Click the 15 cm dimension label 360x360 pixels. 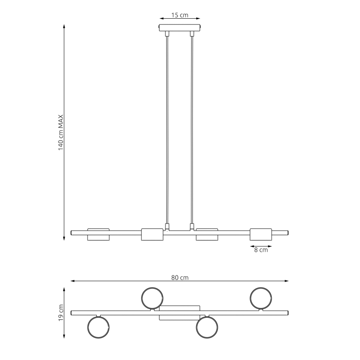point(180,15)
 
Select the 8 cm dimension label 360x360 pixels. point(260,250)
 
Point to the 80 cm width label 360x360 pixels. point(180,278)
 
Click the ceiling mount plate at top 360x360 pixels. point(180,28)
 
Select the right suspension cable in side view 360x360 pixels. point(192,129)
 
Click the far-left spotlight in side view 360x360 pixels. point(98,234)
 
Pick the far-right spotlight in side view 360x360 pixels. point(260,234)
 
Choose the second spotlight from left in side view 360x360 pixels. point(152,234)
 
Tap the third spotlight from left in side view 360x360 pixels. point(207,234)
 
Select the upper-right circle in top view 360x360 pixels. point(260,297)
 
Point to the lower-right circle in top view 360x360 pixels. point(207,327)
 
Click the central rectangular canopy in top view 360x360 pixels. point(180,313)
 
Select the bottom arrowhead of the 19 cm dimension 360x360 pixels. point(64,336)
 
